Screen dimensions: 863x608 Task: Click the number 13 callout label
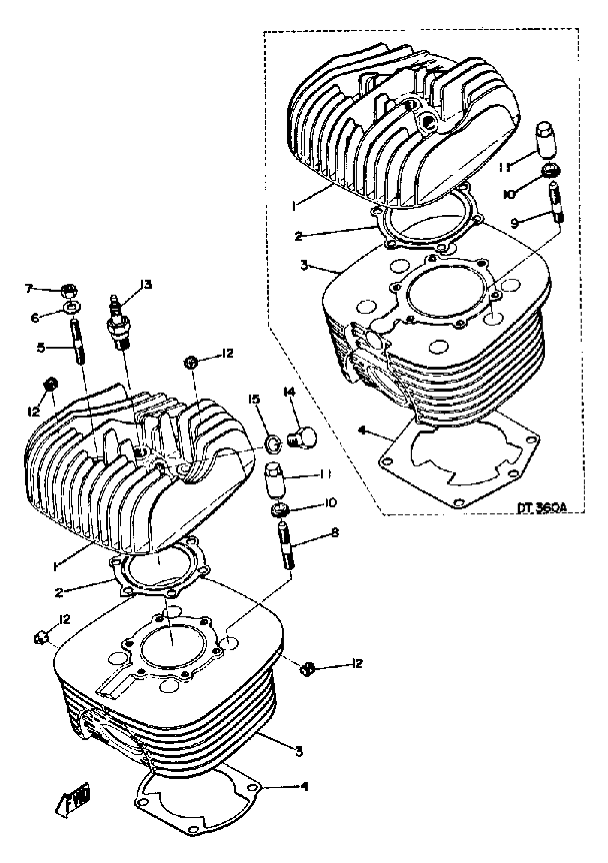coord(146,284)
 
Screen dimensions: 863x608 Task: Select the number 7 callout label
coord(28,289)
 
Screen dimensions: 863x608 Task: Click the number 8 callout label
coord(334,532)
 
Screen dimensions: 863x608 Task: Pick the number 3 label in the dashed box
coord(304,265)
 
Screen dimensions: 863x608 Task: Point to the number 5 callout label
coord(41,347)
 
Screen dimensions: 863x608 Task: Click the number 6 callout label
coord(35,318)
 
